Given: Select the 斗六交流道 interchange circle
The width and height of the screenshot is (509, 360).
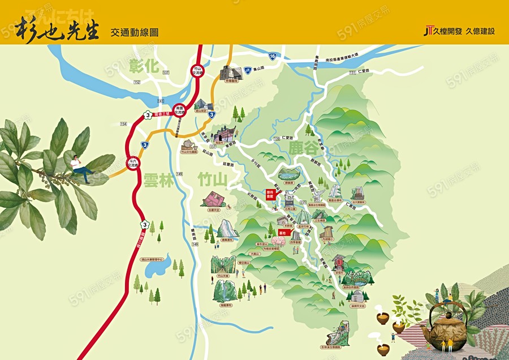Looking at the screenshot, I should [132, 164].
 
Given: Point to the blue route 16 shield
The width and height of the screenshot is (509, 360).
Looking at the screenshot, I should [273, 56].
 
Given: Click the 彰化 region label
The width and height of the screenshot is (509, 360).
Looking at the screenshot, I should [144, 66].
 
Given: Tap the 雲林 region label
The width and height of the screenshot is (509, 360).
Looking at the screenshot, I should [159, 180].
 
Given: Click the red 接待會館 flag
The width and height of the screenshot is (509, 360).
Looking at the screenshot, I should [270, 194].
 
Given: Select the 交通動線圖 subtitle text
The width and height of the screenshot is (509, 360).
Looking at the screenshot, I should [135, 32].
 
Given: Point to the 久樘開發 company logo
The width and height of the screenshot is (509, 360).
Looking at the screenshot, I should [443, 31].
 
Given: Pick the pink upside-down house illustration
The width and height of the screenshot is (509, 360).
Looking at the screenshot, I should [214, 199].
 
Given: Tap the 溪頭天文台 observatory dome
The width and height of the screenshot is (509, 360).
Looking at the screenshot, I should [357, 296].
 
